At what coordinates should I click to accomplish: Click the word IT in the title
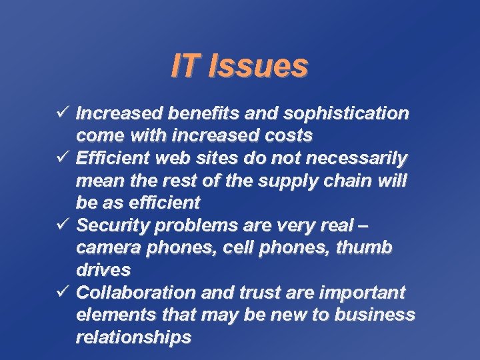click(185, 66)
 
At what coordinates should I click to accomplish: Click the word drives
click(103, 270)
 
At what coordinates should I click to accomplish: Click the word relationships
click(133, 337)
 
